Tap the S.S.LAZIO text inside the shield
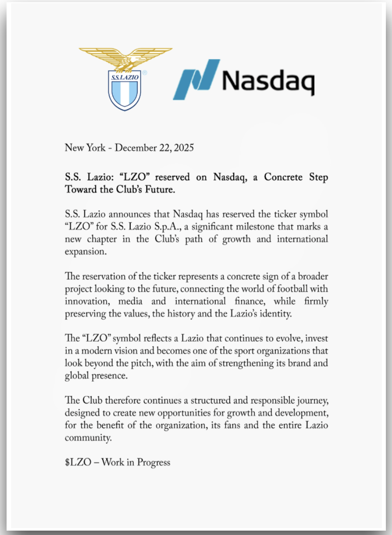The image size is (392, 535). (x=125, y=78)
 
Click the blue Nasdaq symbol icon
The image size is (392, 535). (x=196, y=79)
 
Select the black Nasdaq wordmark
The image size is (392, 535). (x=269, y=81)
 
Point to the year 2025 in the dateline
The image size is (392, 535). (x=183, y=148)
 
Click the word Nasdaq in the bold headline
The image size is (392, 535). (x=230, y=178)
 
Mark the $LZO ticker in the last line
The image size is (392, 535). (x=78, y=462)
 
